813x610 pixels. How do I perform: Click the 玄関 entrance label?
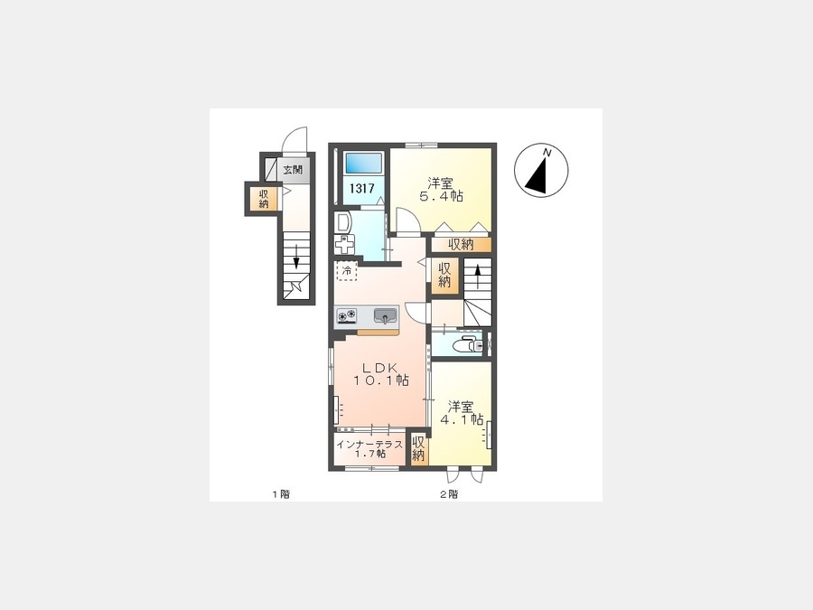click(293, 170)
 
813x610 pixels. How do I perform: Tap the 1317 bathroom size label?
click(361, 188)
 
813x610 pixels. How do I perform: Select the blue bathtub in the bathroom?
click(363, 163)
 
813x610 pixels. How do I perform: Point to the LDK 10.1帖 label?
click(381, 373)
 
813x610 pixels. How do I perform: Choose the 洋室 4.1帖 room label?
click(462, 413)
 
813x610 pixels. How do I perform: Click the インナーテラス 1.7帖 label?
click(369, 448)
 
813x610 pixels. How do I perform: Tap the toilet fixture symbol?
click(467, 344)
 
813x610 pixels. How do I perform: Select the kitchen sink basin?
click(385, 315)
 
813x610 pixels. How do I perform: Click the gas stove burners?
click(347, 315)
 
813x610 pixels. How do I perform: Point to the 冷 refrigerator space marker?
click(347, 270)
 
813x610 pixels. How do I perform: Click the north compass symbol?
click(541, 171)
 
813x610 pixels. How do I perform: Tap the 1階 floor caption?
click(281, 494)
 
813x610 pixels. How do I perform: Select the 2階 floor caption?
click(449, 494)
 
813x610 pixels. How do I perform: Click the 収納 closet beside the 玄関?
click(264, 198)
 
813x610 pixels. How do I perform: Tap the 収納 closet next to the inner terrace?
click(418, 449)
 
